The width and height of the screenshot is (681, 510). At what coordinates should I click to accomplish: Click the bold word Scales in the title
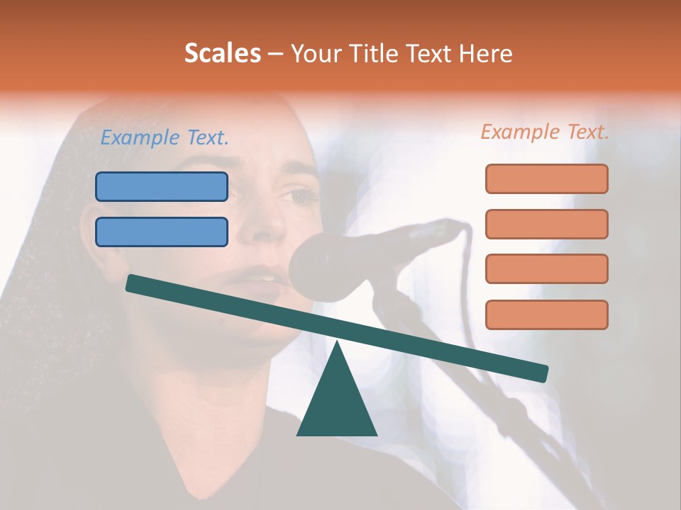click(x=222, y=54)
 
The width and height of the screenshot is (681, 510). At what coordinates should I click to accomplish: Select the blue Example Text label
click(x=165, y=138)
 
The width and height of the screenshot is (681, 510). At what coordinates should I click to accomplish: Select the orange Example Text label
click(x=545, y=132)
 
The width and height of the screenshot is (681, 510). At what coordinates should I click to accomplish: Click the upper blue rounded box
click(x=162, y=186)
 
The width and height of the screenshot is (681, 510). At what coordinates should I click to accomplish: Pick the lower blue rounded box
click(x=162, y=232)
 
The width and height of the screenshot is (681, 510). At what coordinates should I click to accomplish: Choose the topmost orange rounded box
click(x=546, y=178)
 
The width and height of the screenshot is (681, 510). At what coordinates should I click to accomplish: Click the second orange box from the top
click(x=546, y=224)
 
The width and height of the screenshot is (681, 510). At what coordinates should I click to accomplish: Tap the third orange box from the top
click(x=546, y=269)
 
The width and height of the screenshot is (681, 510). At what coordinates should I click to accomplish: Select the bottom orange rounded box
click(x=546, y=314)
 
